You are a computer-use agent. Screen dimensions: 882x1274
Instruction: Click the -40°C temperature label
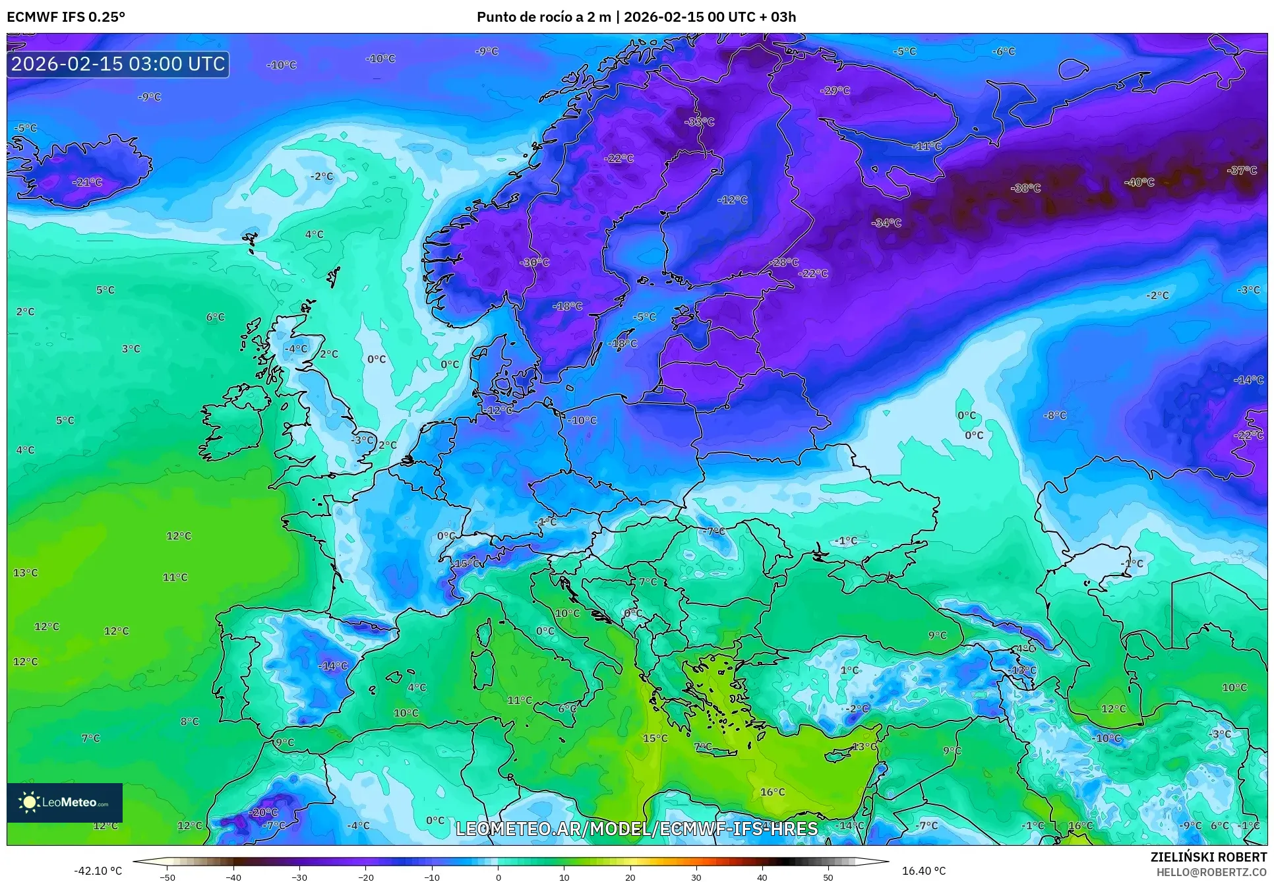click(1139, 182)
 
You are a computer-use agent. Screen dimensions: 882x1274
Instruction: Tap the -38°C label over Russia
click(1025, 188)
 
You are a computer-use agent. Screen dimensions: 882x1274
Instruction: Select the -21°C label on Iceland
click(87, 182)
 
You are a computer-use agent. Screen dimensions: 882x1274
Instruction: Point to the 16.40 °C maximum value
click(923, 871)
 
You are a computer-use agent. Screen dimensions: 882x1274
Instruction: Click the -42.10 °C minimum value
click(98, 871)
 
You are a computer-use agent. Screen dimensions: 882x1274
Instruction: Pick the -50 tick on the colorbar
click(167, 877)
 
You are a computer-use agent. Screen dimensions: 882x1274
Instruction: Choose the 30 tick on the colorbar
click(696, 877)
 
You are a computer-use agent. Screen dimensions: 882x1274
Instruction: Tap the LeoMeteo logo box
click(65, 802)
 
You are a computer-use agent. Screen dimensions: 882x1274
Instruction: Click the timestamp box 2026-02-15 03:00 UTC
click(118, 64)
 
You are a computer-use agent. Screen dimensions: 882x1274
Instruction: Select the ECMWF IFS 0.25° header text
click(66, 17)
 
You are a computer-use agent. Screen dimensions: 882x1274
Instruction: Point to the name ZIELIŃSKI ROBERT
click(1208, 857)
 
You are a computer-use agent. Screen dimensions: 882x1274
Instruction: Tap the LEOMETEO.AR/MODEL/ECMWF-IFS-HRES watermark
click(636, 829)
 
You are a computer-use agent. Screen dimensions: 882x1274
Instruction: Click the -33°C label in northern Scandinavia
click(699, 122)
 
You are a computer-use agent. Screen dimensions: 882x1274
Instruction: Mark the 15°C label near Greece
click(655, 738)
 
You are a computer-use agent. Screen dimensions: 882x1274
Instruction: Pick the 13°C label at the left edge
click(26, 573)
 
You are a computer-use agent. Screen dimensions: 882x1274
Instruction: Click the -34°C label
click(886, 223)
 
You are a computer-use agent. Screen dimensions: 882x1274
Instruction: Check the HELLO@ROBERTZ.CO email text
click(1211, 872)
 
